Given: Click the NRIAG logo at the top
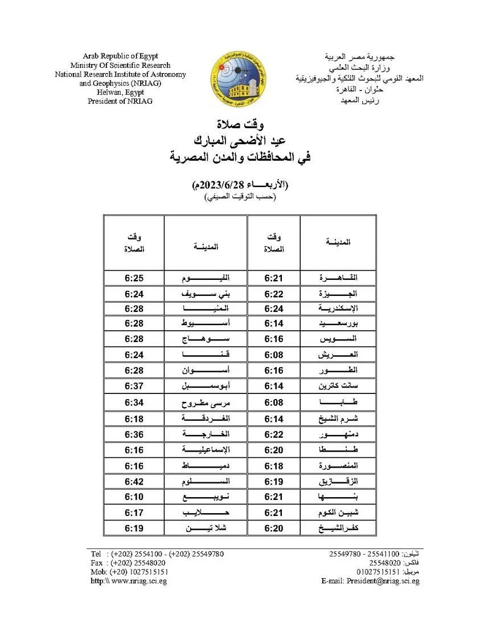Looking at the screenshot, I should pyautogui.click(x=239, y=79).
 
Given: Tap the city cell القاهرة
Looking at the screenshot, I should pyautogui.click(x=338, y=278).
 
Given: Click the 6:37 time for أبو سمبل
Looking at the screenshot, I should pyautogui.click(x=134, y=386).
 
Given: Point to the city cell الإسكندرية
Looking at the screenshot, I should pyautogui.click(x=338, y=309).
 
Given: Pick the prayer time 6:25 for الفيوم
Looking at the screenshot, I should pyautogui.click(x=134, y=278).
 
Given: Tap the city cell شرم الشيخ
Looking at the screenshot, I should pyautogui.click(x=338, y=419).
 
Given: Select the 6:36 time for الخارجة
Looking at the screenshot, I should pyautogui.click(x=134, y=434).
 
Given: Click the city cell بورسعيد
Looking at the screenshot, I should pyautogui.click(x=338, y=323).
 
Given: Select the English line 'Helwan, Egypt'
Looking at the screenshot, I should pyautogui.click(x=120, y=92).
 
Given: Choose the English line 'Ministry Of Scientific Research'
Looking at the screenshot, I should pyautogui.click(x=120, y=65).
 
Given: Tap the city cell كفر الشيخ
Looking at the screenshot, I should pyautogui.click(x=338, y=529).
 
